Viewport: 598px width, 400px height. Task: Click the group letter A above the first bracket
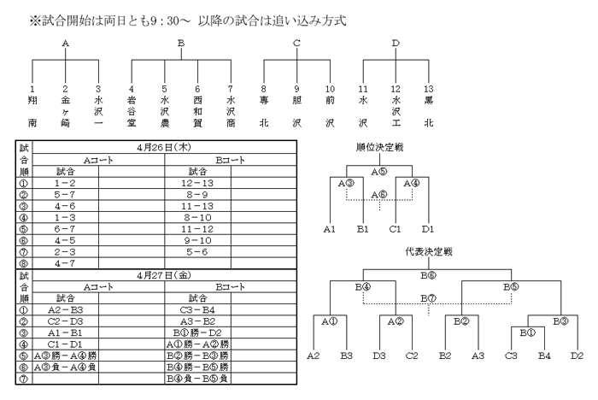tap(65, 44)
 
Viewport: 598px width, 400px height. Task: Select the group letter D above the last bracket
tap(396, 44)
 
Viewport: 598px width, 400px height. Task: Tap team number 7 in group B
tap(231, 89)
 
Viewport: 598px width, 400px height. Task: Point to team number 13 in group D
tap(429, 89)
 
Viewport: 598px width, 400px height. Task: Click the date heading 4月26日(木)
tap(164, 147)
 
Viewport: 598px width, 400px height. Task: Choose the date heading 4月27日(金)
tap(164, 275)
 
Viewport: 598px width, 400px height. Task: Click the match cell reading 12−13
tap(197, 183)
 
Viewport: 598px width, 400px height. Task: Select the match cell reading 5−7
tap(65, 195)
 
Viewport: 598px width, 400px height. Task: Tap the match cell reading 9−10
tap(197, 240)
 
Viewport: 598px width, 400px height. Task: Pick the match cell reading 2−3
tap(65, 252)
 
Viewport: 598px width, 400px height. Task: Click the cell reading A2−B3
tap(65, 310)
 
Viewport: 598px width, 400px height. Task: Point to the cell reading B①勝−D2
tap(197, 332)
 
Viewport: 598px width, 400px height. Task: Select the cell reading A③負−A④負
tap(65, 368)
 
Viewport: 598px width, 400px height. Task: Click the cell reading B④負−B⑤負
tap(197, 379)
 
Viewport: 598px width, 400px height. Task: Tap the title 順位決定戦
tap(379, 147)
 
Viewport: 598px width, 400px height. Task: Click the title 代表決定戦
tap(429, 251)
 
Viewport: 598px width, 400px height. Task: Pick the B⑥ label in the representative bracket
tap(428, 275)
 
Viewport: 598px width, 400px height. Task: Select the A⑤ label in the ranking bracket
tap(379, 172)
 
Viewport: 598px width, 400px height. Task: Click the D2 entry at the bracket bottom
tap(577, 356)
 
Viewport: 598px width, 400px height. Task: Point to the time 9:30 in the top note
tap(164, 21)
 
